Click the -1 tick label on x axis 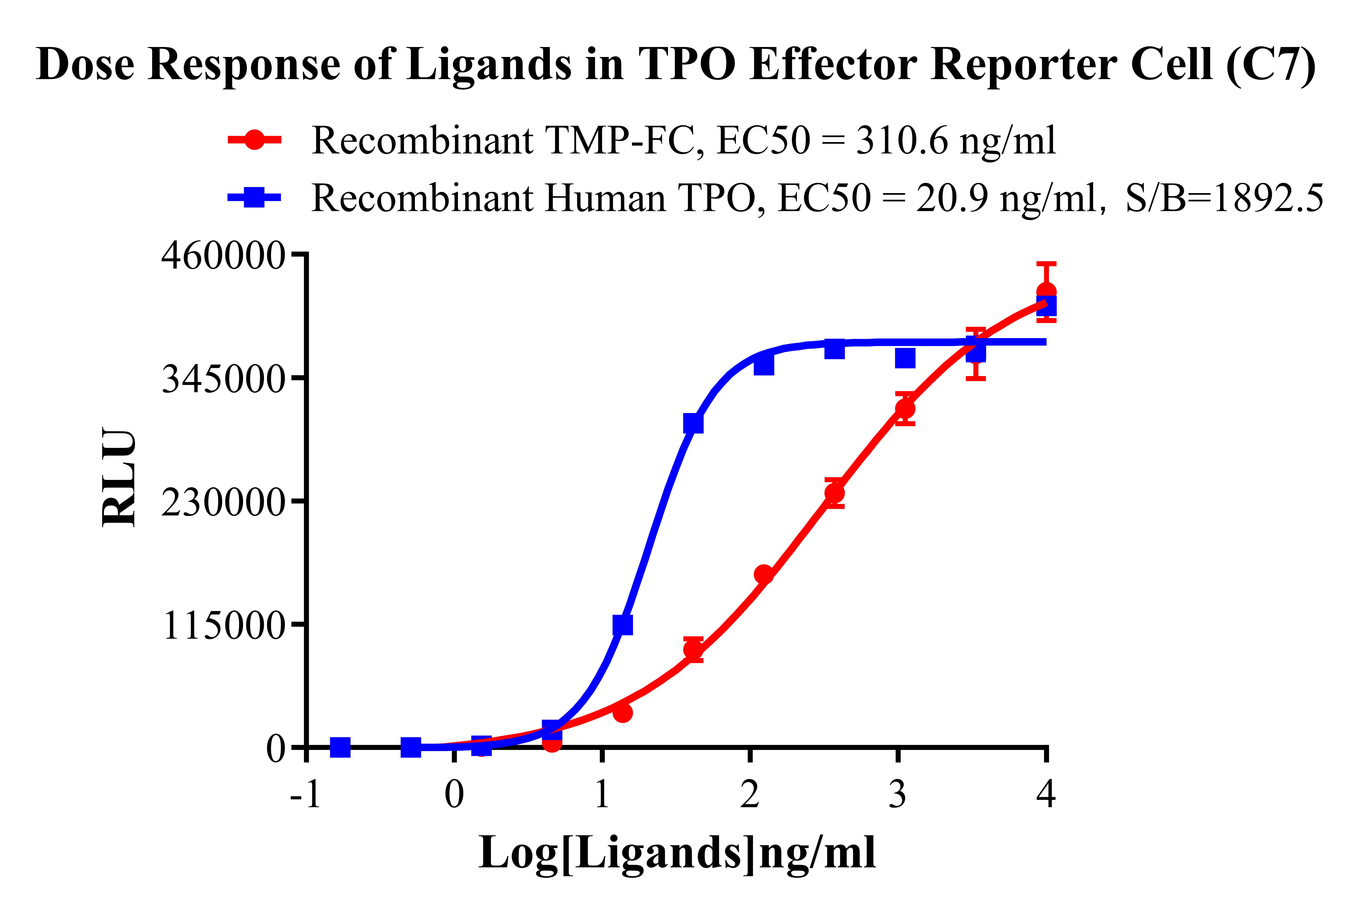(306, 793)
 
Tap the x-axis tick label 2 (750, 793)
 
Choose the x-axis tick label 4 (1046, 793)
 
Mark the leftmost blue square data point (340, 747)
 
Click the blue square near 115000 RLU (623, 625)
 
